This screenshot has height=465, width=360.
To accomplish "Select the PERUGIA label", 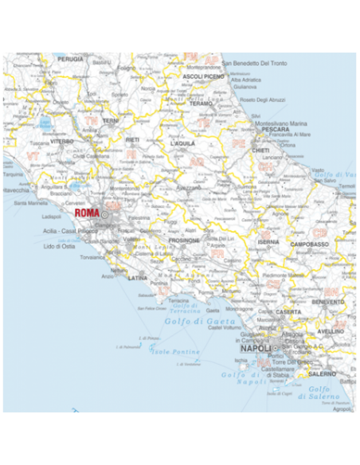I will pos(70,59).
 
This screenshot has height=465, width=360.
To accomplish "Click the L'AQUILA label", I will pos(182,143).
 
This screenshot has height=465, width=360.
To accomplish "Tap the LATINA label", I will pos(138,278).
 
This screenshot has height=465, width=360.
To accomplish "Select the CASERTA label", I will pos(288,311).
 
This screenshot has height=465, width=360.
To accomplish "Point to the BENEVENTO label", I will pos(328,303).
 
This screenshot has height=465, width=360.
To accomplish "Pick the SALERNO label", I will pos(322,373).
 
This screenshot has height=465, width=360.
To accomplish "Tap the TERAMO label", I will pos(201,104).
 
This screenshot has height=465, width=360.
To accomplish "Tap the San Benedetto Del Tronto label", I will pos(253,63).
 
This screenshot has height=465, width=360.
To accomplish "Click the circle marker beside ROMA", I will pos(104,213).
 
